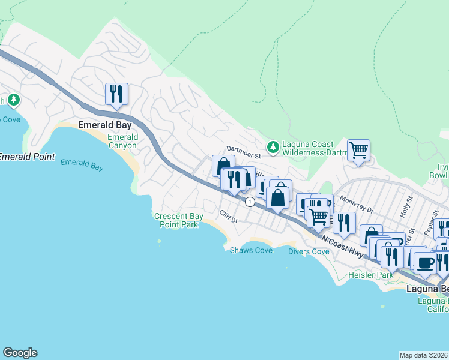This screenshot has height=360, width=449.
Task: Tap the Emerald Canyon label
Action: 122,142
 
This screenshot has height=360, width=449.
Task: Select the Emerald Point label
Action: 27,157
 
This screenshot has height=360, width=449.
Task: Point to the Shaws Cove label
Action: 251,250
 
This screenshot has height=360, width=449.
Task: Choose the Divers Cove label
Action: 309,251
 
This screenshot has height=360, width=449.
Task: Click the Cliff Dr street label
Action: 229,216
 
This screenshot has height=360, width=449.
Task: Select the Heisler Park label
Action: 370,275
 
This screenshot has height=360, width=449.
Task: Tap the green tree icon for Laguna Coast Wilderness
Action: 273,146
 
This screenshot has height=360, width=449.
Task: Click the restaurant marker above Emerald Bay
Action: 116,94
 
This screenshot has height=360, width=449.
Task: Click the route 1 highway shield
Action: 249,203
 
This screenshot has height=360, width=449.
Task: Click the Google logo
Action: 20,353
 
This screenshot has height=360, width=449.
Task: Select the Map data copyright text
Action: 424,355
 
